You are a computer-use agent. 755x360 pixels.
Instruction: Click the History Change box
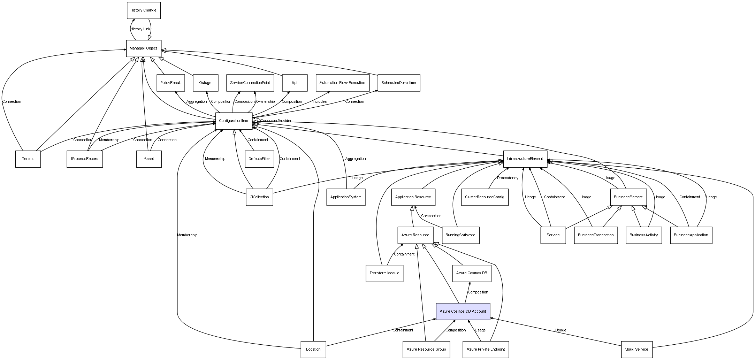click(x=144, y=10)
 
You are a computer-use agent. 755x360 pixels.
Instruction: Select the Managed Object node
click(x=144, y=48)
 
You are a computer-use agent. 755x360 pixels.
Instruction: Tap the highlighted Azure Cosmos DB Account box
click(x=463, y=311)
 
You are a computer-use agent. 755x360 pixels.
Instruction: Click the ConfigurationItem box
click(x=234, y=121)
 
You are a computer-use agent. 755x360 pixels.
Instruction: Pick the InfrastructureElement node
click(x=525, y=159)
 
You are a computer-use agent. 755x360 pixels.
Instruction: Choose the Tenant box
click(x=28, y=159)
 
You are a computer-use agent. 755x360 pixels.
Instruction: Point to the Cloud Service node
click(x=636, y=349)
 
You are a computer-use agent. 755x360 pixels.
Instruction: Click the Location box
click(x=313, y=349)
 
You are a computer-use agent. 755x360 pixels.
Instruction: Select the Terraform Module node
click(x=384, y=273)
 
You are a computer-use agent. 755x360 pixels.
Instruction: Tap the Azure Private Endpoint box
click(x=486, y=349)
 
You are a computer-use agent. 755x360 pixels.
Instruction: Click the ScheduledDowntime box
click(x=399, y=83)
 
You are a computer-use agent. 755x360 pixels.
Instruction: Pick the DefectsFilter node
click(x=259, y=159)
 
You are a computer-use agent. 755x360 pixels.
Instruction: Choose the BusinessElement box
click(x=628, y=197)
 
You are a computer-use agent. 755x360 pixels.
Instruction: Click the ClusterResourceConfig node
click(x=485, y=197)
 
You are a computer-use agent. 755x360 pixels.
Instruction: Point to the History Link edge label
click(x=140, y=29)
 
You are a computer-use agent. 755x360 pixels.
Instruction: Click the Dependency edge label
click(x=508, y=178)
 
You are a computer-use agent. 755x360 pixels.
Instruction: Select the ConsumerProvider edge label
click(x=276, y=121)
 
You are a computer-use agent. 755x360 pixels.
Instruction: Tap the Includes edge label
click(x=320, y=102)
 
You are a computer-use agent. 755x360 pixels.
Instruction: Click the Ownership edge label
click(x=265, y=102)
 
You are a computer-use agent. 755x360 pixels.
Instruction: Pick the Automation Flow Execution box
click(x=342, y=83)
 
